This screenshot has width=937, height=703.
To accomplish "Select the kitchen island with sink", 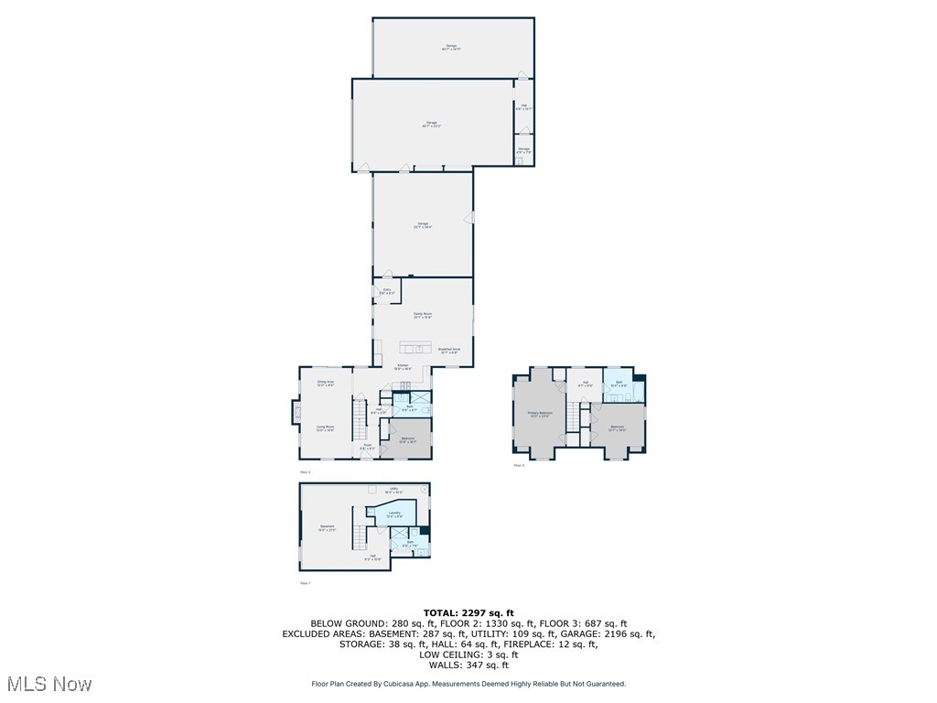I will coord(415,348).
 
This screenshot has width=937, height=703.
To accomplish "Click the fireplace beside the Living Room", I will coord(295,413).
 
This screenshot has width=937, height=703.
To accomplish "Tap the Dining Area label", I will coord(325,383).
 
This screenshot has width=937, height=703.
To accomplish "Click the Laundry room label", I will coord(394,514).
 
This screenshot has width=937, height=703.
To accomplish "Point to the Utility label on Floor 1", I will coord(394,491).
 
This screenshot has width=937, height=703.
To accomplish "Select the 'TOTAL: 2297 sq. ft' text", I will coord(468,612).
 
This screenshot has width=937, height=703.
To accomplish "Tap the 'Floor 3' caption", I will coord(519,466).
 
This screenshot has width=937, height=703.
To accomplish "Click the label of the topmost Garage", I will coord(451,47).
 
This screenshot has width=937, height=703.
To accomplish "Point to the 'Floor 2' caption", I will coord(305,472).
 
